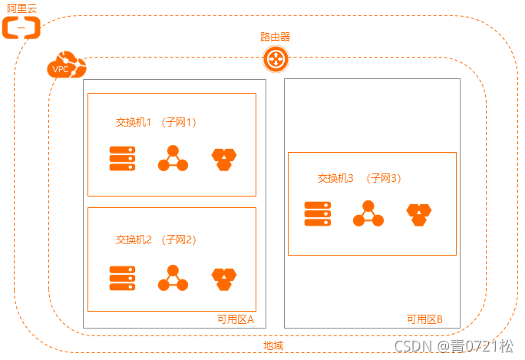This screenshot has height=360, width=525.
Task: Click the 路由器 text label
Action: coord(275,36)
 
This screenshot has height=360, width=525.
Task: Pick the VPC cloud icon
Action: coord(64,64)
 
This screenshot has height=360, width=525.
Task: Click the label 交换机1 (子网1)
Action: coord(157,123)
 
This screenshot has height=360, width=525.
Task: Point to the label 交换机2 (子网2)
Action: coord(157,239)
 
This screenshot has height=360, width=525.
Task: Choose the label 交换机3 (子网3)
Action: coord(360,178)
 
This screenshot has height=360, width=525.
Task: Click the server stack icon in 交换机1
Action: coord(122,158)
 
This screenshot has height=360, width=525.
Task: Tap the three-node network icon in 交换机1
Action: coord(173,159)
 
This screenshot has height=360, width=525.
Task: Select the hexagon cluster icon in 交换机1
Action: coord(223,159)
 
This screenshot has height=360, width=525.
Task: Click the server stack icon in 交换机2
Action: coord(122,277)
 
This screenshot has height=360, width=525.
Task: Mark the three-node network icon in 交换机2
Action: coord(173,278)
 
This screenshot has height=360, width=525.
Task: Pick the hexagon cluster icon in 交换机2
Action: coord(223,278)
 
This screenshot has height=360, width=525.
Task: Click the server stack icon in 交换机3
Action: coord(317,213)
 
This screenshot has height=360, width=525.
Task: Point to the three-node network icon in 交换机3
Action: coord(368,214)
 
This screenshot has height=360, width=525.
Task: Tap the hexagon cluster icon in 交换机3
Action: coord(419,214)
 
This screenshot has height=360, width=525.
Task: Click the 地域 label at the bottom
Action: coord(273,345)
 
